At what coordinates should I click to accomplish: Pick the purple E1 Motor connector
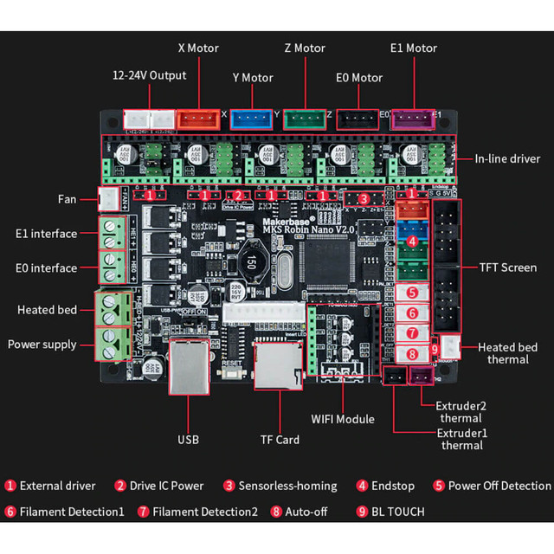pyautogui.click(x=409, y=119)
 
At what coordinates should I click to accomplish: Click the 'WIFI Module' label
pyautogui.click(x=343, y=419)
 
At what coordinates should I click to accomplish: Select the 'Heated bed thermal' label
pyautogui.click(x=507, y=354)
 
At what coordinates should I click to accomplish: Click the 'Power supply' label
pyautogui.click(x=42, y=344)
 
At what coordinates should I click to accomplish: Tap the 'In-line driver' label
pyautogui.click(x=507, y=158)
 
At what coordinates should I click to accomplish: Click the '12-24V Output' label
pyautogui.click(x=150, y=75)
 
